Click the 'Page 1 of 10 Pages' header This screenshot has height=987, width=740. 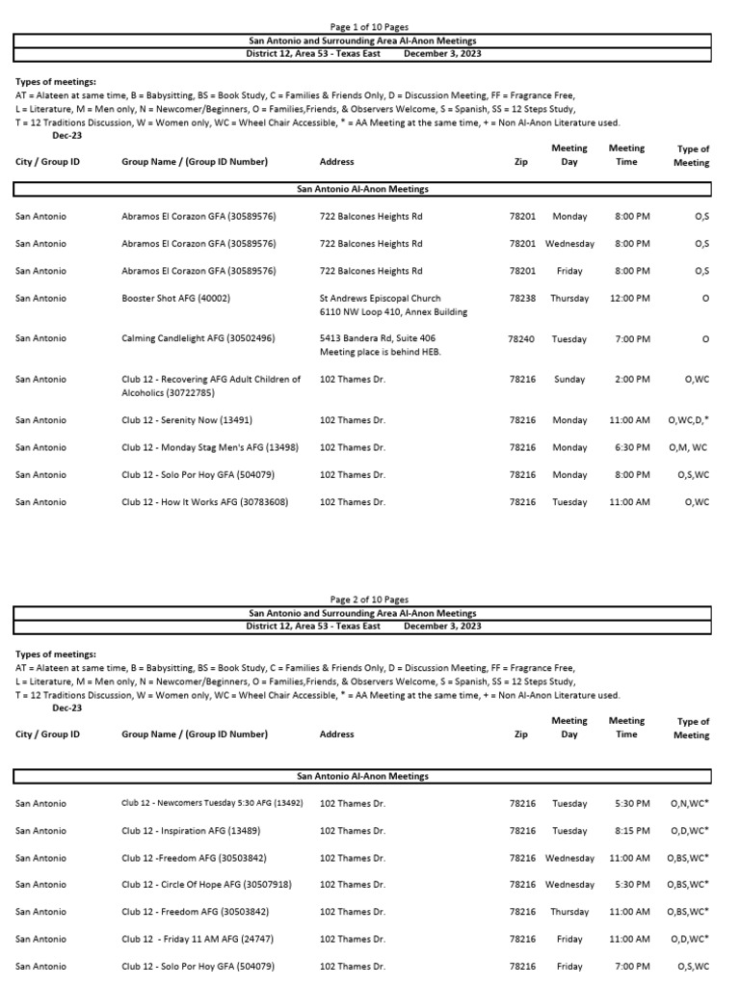pos(370,27)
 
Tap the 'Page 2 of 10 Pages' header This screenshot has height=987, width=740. pos(370,600)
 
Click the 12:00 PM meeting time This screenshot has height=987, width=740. pos(629,299)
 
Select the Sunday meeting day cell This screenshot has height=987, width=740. pos(569,380)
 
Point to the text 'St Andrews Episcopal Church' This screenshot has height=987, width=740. pos(380,299)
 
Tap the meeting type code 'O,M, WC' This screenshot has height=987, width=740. pos(688,448)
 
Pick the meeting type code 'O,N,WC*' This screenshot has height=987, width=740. pos(690,804)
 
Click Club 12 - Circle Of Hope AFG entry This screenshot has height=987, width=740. pos(206,885)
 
